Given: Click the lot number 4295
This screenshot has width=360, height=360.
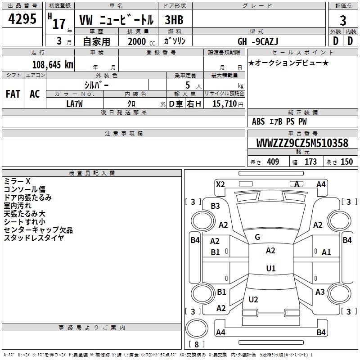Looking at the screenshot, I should pyautogui.click(x=22, y=19).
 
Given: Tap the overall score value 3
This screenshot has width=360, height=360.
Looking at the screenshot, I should pyautogui.click(x=343, y=21).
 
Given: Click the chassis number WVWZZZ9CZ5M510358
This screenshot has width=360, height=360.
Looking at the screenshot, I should pyautogui.click(x=302, y=144).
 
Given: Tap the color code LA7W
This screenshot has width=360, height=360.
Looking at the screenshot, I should pyautogui.click(x=74, y=103).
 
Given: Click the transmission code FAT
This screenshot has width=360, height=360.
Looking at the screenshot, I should pyautogui.click(x=13, y=94).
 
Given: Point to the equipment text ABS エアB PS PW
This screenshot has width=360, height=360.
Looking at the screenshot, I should pyautogui.click(x=279, y=121).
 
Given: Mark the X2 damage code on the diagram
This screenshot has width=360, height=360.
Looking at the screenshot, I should pyautogui.click(x=220, y=184).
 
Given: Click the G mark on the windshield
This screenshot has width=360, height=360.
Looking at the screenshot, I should pyautogui.click(x=257, y=237).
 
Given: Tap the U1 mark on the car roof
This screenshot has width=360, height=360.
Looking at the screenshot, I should pyautogui.click(x=270, y=268).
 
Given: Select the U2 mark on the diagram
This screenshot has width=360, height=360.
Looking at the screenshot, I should pyautogui.click(x=253, y=300).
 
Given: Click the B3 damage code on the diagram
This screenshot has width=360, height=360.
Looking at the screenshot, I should pyautogui.click(x=215, y=206).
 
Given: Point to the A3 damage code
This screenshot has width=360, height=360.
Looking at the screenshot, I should pyautogui.click(x=320, y=292).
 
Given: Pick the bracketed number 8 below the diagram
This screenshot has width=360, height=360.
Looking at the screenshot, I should pyautogui.click(x=196, y=345).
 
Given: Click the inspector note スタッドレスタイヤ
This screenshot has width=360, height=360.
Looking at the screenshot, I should pyautogui.click(x=34, y=238).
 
